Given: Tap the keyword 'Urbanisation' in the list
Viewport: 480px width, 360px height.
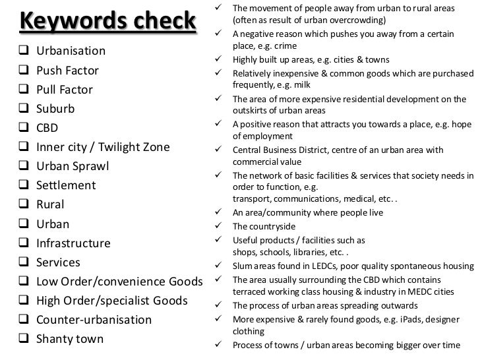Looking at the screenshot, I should click(x=71, y=51).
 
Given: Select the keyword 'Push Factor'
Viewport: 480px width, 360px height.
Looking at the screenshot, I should click(x=68, y=70).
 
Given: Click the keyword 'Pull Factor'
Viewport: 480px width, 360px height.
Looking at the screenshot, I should click(x=65, y=89).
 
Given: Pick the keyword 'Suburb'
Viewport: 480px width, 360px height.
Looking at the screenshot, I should click(x=55, y=108).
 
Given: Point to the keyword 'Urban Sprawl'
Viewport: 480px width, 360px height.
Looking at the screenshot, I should click(x=73, y=166).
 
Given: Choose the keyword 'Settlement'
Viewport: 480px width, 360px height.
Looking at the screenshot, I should click(x=66, y=185).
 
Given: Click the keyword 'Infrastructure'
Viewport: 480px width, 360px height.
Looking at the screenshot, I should click(x=73, y=243).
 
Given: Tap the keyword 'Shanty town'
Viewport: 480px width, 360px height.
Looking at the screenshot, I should click(x=70, y=340).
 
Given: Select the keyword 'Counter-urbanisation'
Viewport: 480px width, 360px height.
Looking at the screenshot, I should click(x=94, y=320).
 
